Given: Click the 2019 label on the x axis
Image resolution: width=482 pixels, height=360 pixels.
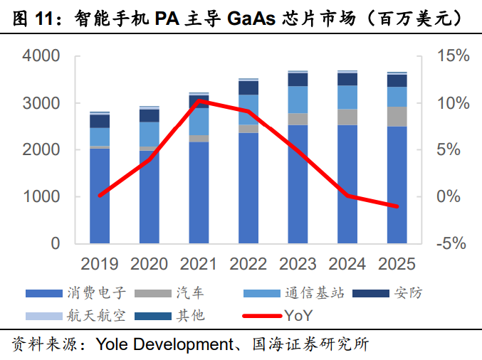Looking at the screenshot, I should [x=100, y=265].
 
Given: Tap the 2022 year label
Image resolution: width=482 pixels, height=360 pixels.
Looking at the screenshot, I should [x=248, y=265].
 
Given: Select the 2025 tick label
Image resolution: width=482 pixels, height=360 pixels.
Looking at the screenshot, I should [x=397, y=265].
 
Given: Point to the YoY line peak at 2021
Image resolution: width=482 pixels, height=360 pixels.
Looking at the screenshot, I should [x=199, y=101].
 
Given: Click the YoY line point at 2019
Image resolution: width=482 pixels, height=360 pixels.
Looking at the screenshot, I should [x=100, y=195].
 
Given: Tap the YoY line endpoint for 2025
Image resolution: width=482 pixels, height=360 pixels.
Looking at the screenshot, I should [x=397, y=206].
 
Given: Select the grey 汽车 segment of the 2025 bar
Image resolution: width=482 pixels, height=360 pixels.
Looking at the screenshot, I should [x=397, y=117].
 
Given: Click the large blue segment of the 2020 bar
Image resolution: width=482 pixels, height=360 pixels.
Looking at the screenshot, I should [x=150, y=196].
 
